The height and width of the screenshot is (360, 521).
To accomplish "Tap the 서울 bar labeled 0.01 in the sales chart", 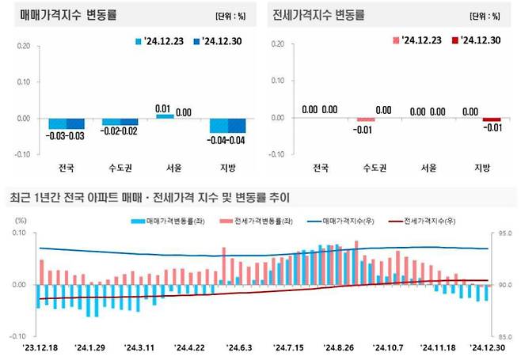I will pyautogui.click(x=165, y=116).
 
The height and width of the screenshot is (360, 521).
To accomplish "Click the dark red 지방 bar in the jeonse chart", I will pyautogui.click(x=491, y=120).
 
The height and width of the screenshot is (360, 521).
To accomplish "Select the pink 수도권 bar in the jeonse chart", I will pyautogui.click(x=365, y=120).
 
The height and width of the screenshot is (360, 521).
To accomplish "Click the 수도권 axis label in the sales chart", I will pyautogui.click(x=120, y=168).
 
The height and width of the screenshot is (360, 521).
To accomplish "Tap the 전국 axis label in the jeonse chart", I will pyautogui.click(x=321, y=168).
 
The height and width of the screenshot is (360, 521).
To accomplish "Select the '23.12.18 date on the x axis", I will pyautogui.click(x=41, y=347).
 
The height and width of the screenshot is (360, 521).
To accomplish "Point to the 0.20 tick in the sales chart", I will pyautogui.click(x=24, y=45).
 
